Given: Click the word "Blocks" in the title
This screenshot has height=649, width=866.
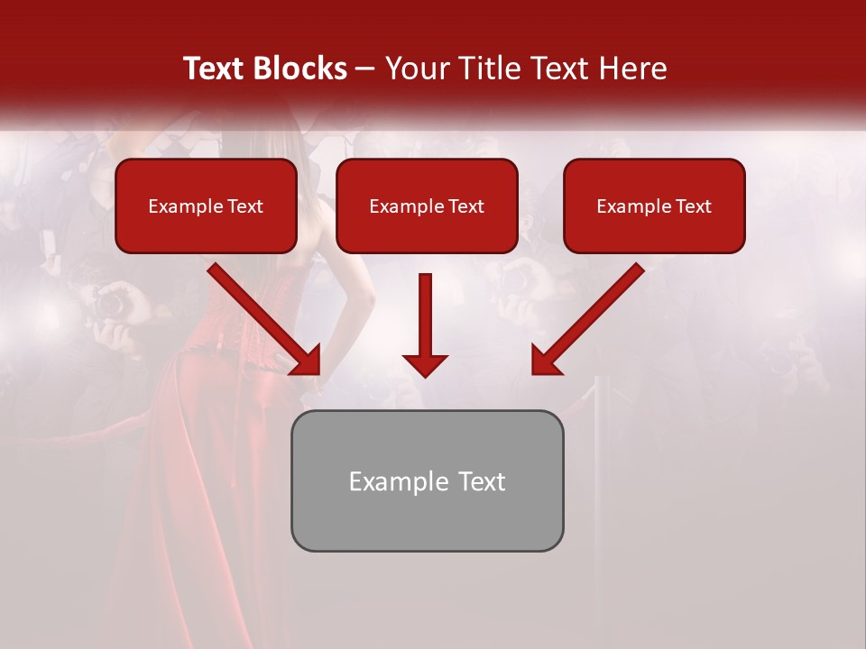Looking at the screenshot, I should point(302,69).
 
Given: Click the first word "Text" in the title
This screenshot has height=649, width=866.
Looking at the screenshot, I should point(216,69).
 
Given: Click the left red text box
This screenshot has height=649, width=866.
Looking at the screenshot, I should point(206,206).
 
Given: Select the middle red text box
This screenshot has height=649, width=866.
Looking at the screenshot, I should point(427,206).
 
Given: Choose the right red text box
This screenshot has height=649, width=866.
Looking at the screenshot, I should point(654,206).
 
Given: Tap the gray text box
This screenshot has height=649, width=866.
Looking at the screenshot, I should point(427,480).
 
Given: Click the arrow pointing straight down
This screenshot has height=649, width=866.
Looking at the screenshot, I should point(425,324).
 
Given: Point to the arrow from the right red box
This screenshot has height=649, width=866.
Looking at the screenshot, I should point(587,320).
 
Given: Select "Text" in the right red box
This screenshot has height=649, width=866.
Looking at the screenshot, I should point(693,206).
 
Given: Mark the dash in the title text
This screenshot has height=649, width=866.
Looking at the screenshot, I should point(365,69).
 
